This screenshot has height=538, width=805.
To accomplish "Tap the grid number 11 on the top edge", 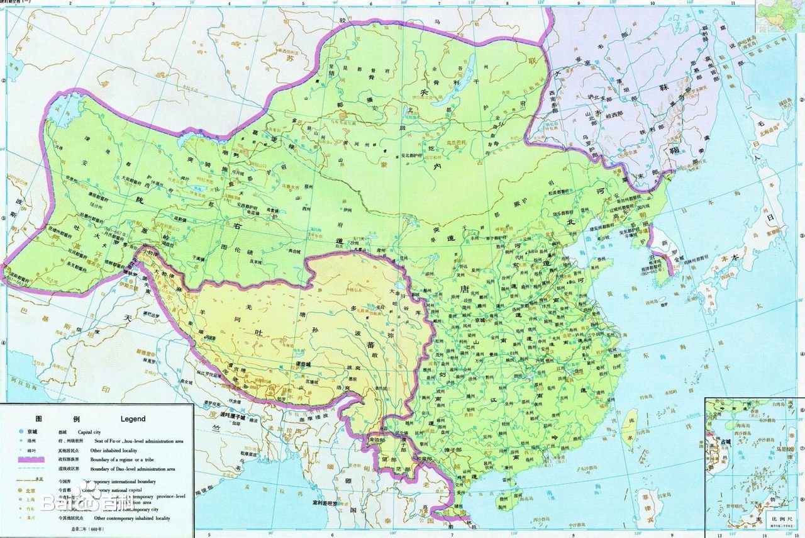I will coord(732,3).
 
